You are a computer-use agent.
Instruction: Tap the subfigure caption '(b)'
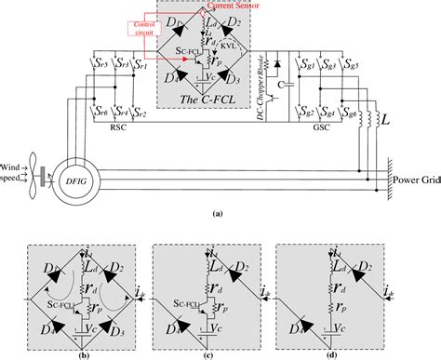[108, 353]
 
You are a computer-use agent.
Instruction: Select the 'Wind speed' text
[14, 170]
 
